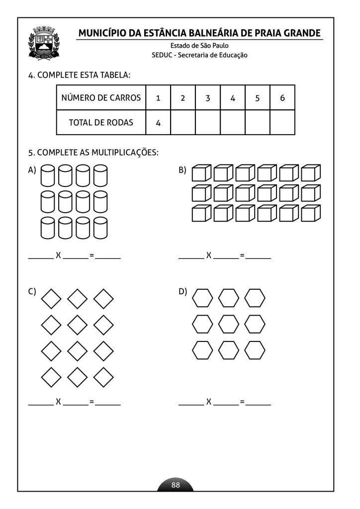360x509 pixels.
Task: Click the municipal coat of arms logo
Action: point(44,43)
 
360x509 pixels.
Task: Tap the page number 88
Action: point(176,485)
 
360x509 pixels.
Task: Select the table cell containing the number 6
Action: point(282,98)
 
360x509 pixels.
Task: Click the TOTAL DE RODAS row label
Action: point(101,122)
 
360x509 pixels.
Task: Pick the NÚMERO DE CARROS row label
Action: point(101,98)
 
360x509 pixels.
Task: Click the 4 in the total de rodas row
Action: point(158,123)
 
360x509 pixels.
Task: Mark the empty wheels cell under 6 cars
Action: point(282,122)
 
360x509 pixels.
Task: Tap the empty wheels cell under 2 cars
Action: point(183,122)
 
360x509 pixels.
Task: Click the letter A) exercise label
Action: point(32,170)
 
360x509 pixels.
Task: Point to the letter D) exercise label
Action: point(182,291)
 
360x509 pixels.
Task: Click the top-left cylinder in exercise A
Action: point(48,176)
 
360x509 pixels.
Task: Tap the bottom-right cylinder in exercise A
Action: point(100,228)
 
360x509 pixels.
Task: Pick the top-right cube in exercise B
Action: point(311,172)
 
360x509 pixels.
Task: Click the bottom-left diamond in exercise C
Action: point(51,377)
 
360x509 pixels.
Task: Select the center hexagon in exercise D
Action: point(229,324)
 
